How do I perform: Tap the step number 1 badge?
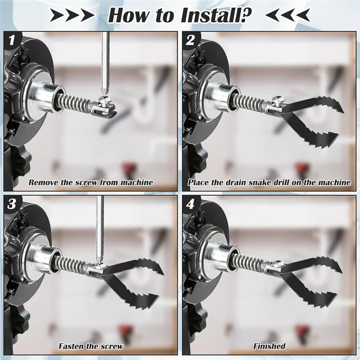(x=12, y=41)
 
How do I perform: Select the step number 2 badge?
(x=190, y=41)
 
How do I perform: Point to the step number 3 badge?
(x=12, y=204)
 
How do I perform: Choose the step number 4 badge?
(x=190, y=204)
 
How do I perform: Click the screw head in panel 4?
(x=279, y=263)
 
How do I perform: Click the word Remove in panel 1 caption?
(x=44, y=183)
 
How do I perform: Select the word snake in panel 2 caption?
(x=261, y=183)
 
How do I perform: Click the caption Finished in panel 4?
(x=269, y=346)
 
